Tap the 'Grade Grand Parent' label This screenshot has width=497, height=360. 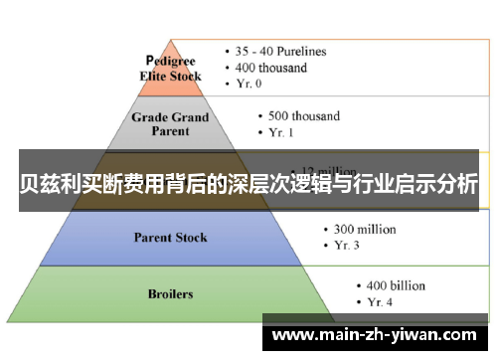171,124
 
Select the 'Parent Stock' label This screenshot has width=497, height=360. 171,237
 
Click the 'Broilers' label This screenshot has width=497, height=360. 171,294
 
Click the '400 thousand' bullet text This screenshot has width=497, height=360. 270,68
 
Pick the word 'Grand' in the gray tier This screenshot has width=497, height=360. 189,116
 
